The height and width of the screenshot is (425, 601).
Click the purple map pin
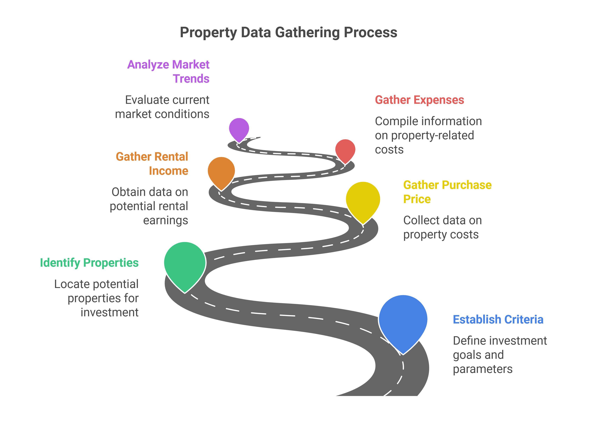239,128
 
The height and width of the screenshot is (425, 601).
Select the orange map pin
221,171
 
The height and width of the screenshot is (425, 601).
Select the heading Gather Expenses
419,100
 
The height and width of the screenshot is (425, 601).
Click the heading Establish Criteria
498,319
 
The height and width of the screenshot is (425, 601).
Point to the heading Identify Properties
89,263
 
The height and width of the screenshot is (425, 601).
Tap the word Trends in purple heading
191,78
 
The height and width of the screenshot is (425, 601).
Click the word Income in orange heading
169,171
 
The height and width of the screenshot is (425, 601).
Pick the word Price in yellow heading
417,199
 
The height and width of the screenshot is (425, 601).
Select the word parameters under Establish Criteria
482,369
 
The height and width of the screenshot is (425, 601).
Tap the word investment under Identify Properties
109,312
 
